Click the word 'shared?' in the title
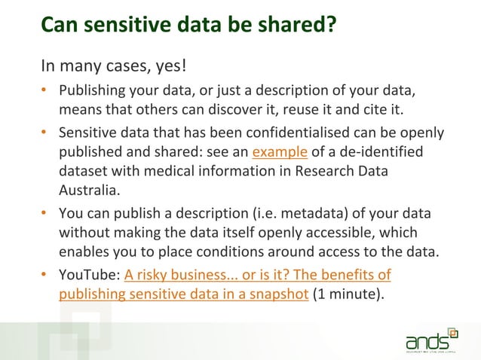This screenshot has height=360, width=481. [290, 25]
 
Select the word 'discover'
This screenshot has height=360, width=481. [249, 112]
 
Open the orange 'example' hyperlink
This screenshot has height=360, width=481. [280, 153]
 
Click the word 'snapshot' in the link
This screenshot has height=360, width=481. [271, 294]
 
